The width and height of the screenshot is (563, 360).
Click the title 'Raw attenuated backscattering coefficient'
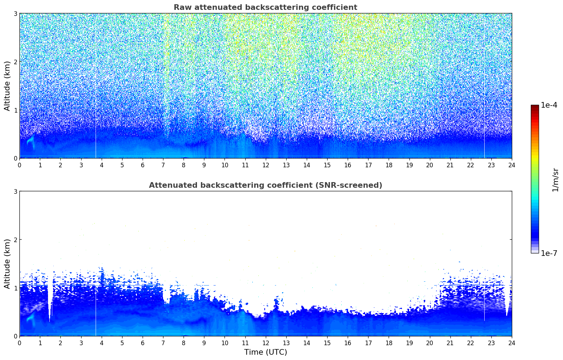[265, 7]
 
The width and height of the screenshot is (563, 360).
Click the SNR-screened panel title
[265, 185]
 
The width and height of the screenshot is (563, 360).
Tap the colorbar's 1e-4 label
[549, 105]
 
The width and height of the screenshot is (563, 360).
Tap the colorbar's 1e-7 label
[549, 253]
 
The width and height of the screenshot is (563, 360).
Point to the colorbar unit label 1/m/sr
[555, 180]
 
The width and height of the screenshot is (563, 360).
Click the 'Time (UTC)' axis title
[265, 352]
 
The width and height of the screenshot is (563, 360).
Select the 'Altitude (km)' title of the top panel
[7, 86]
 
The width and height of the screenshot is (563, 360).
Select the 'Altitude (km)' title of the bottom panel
[7, 264]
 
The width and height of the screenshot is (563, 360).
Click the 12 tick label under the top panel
[266, 165]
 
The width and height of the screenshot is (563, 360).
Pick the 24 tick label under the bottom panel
[512, 343]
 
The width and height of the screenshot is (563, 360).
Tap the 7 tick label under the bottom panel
[163, 343]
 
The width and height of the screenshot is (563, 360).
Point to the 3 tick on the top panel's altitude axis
[15, 13]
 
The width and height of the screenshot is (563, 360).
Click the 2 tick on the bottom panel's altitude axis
[15, 240]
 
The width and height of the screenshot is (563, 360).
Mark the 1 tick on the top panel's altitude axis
[15, 110]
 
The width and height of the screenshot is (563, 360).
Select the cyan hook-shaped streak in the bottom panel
[31, 319]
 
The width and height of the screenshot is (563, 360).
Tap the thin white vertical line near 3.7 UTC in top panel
[96, 85]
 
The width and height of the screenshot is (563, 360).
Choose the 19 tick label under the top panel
[409, 165]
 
